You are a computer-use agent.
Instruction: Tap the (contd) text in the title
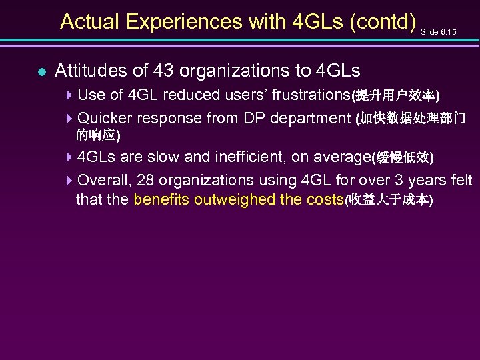point(378,21)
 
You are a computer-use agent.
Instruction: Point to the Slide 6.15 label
point(439,31)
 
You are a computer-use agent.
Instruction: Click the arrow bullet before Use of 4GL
point(70,95)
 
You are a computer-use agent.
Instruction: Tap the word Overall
point(105,180)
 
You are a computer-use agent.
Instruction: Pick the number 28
point(147,180)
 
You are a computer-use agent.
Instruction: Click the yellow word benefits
point(161,199)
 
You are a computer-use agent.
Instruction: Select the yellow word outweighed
point(229,199)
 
